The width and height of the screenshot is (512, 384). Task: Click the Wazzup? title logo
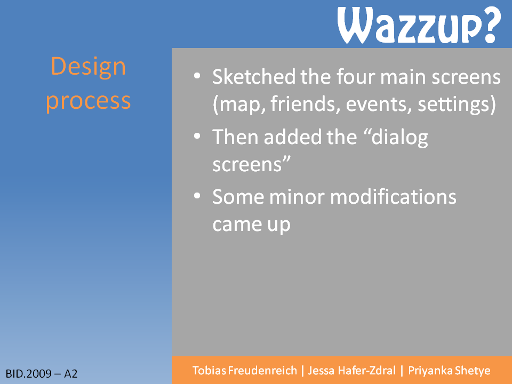(x=419, y=25)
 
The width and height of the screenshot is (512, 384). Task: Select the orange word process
(x=88, y=101)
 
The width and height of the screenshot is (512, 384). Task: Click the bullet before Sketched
(x=197, y=76)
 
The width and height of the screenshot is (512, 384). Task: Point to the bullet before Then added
(x=197, y=136)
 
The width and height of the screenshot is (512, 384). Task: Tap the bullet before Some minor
(x=197, y=196)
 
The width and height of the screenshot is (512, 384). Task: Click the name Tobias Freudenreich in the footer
(x=245, y=371)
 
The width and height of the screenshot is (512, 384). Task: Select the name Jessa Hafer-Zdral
(x=351, y=371)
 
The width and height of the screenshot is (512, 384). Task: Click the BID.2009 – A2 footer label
(x=42, y=373)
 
